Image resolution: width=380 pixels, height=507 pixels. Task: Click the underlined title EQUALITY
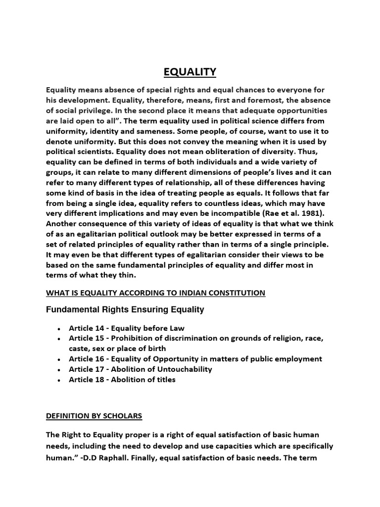(190, 72)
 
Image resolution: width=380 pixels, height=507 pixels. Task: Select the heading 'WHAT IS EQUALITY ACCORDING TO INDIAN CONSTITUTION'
(155, 293)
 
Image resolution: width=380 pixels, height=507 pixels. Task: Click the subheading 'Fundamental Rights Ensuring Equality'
(125, 310)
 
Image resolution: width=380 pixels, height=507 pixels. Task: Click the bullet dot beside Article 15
(59, 339)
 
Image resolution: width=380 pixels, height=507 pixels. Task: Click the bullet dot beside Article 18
(59, 380)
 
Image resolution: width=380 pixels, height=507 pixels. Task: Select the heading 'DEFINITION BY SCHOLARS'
(94, 416)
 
